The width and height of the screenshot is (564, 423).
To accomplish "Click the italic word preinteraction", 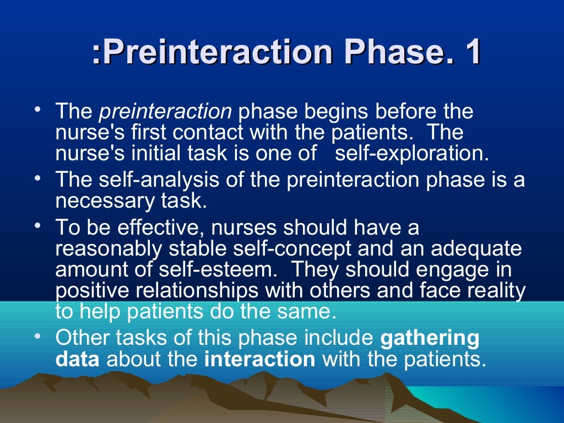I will point(165,112).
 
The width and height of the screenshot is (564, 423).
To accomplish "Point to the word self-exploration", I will point(411,154).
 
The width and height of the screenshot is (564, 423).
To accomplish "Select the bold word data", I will point(77,359).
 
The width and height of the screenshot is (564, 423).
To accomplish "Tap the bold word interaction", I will point(259,359).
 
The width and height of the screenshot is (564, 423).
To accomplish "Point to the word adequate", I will point(476,249).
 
